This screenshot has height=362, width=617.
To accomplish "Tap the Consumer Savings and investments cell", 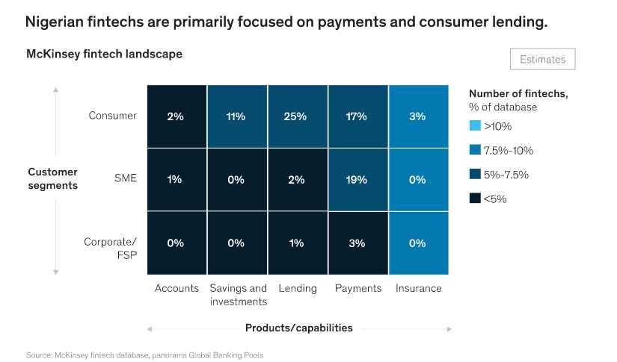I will click(x=237, y=116).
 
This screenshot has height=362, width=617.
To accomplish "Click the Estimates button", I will click(x=542, y=60).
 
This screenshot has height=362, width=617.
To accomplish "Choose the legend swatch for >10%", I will click(x=473, y=125).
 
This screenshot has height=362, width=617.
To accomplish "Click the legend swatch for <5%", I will click(x=473, y=199).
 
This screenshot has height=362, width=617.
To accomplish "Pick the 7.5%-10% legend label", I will click(x=509, y=150).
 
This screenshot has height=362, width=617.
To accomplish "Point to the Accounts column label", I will click(x=176, y=288).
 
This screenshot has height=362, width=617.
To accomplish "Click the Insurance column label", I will click(x=418, y=288).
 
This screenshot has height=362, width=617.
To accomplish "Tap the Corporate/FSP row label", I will click(x=110, y=248).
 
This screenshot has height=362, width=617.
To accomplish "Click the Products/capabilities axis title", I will click(x=298, y=328).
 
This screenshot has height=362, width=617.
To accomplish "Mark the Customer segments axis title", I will click(x=53, y=178).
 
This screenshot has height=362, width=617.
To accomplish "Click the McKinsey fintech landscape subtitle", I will click(x=104, y=54).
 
